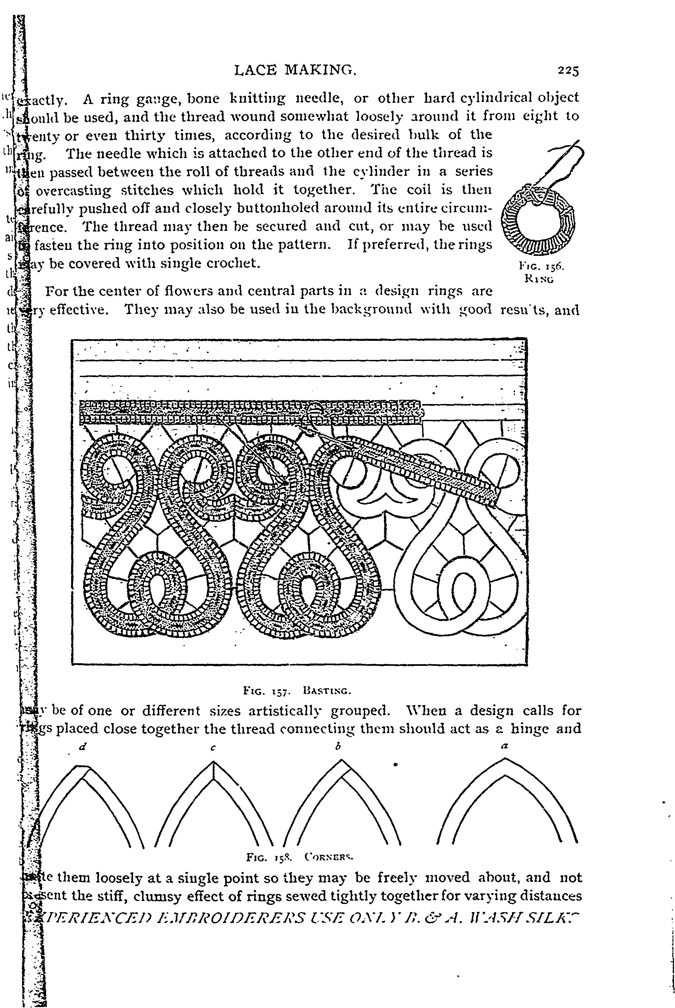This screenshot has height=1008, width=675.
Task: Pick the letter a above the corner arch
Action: [505, 747]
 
